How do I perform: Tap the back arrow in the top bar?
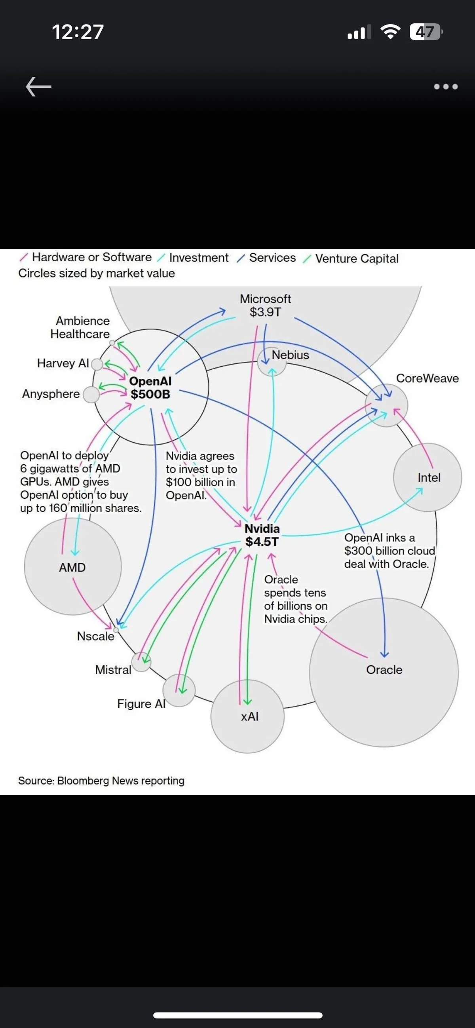point(39,87)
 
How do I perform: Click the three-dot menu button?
point(445,87)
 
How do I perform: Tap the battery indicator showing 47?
point(426,32)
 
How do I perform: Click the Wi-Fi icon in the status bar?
point(390,32)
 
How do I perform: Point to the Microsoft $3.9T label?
point(265,305)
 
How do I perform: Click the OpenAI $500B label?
point(150,388)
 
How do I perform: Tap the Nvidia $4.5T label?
point(262,535)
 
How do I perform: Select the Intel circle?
point(427,477)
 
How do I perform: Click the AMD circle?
point(72,567)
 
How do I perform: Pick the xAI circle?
point(247,716)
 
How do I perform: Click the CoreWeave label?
point(427,378)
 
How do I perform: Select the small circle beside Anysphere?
point(91,395)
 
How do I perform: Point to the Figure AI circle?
point(179,690)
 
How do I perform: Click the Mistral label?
point(113,670)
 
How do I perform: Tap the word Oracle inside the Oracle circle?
point(384,670)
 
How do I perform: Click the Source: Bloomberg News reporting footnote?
point(101,781)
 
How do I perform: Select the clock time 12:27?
point(78,32)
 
